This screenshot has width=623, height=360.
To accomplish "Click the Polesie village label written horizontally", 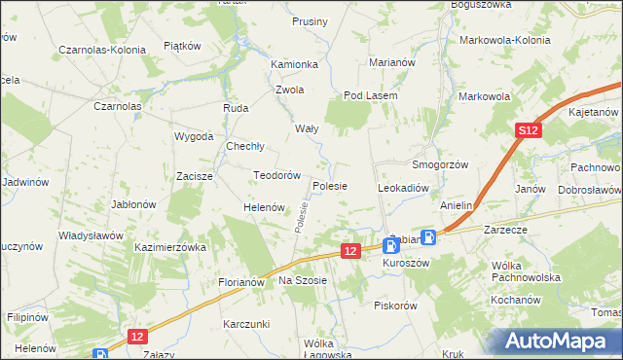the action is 332,185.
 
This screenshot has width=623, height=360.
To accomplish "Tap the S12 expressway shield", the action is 528,130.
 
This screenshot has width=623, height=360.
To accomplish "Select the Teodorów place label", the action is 275,175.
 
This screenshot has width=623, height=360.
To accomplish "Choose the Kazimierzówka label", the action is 171,248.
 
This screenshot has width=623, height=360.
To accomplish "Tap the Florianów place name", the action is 241,282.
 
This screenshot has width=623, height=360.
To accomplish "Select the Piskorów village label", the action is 395,305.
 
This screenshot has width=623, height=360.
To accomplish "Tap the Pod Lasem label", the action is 366,95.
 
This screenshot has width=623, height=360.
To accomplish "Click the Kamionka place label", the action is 295,64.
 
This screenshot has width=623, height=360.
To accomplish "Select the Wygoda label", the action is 194,136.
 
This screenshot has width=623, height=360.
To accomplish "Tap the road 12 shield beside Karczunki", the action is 137,336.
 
